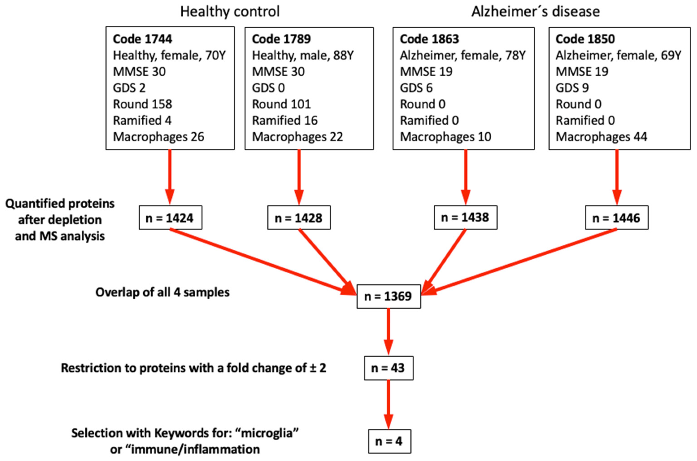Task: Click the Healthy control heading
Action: coord(230,12)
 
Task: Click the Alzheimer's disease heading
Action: coord(535,12)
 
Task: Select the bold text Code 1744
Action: coord(143,39)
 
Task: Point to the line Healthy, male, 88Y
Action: coord(303,55)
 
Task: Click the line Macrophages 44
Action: coord(601,137)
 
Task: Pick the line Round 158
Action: coord(143,104)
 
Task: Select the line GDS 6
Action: coord(416,88)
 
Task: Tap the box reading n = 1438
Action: coord(465,217)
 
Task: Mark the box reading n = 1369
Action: coord(388,296)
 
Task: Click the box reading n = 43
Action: coord(388,368)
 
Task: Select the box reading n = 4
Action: coord(389,441)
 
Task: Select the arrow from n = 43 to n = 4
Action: coord(388,404)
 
